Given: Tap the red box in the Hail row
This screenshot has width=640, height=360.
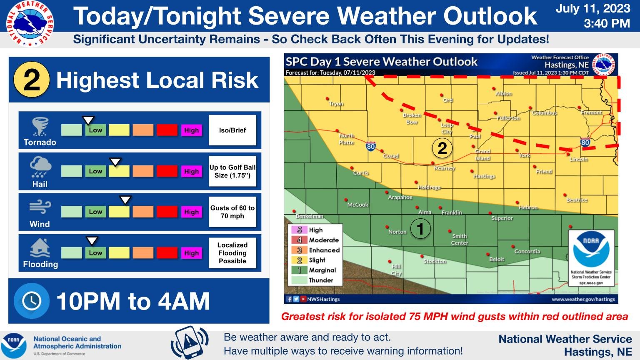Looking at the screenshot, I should (x=167, y=171).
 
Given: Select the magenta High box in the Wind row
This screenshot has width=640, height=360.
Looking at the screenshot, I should (x=191, y=212).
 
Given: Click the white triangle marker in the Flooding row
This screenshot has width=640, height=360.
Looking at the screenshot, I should (x=92, y=241).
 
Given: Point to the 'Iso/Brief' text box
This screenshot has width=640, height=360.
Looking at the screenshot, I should (x=232, y=130).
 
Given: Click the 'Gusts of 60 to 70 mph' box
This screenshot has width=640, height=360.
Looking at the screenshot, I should (x=232, y=212).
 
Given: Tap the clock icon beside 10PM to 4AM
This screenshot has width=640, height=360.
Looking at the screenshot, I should (x=32, y=301).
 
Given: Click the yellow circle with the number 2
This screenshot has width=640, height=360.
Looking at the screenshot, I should (x=32, y=80).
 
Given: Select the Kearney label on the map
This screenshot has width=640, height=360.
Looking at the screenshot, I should (x=445, y=168).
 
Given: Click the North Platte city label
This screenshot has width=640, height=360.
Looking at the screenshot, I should (x=346, y=139).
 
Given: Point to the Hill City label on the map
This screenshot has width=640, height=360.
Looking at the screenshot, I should (x=396, y=270).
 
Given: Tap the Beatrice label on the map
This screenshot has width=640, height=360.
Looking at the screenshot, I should (x=577, y=200).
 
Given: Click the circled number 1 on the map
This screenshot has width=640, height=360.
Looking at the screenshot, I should (x=420, y=229).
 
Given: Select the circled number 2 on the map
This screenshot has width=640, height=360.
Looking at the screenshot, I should (x=442, y=148).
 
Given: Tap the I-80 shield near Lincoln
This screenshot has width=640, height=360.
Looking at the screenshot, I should (x=585, y=142).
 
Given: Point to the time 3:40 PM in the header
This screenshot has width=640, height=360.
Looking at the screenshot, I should (x=606, y=24).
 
